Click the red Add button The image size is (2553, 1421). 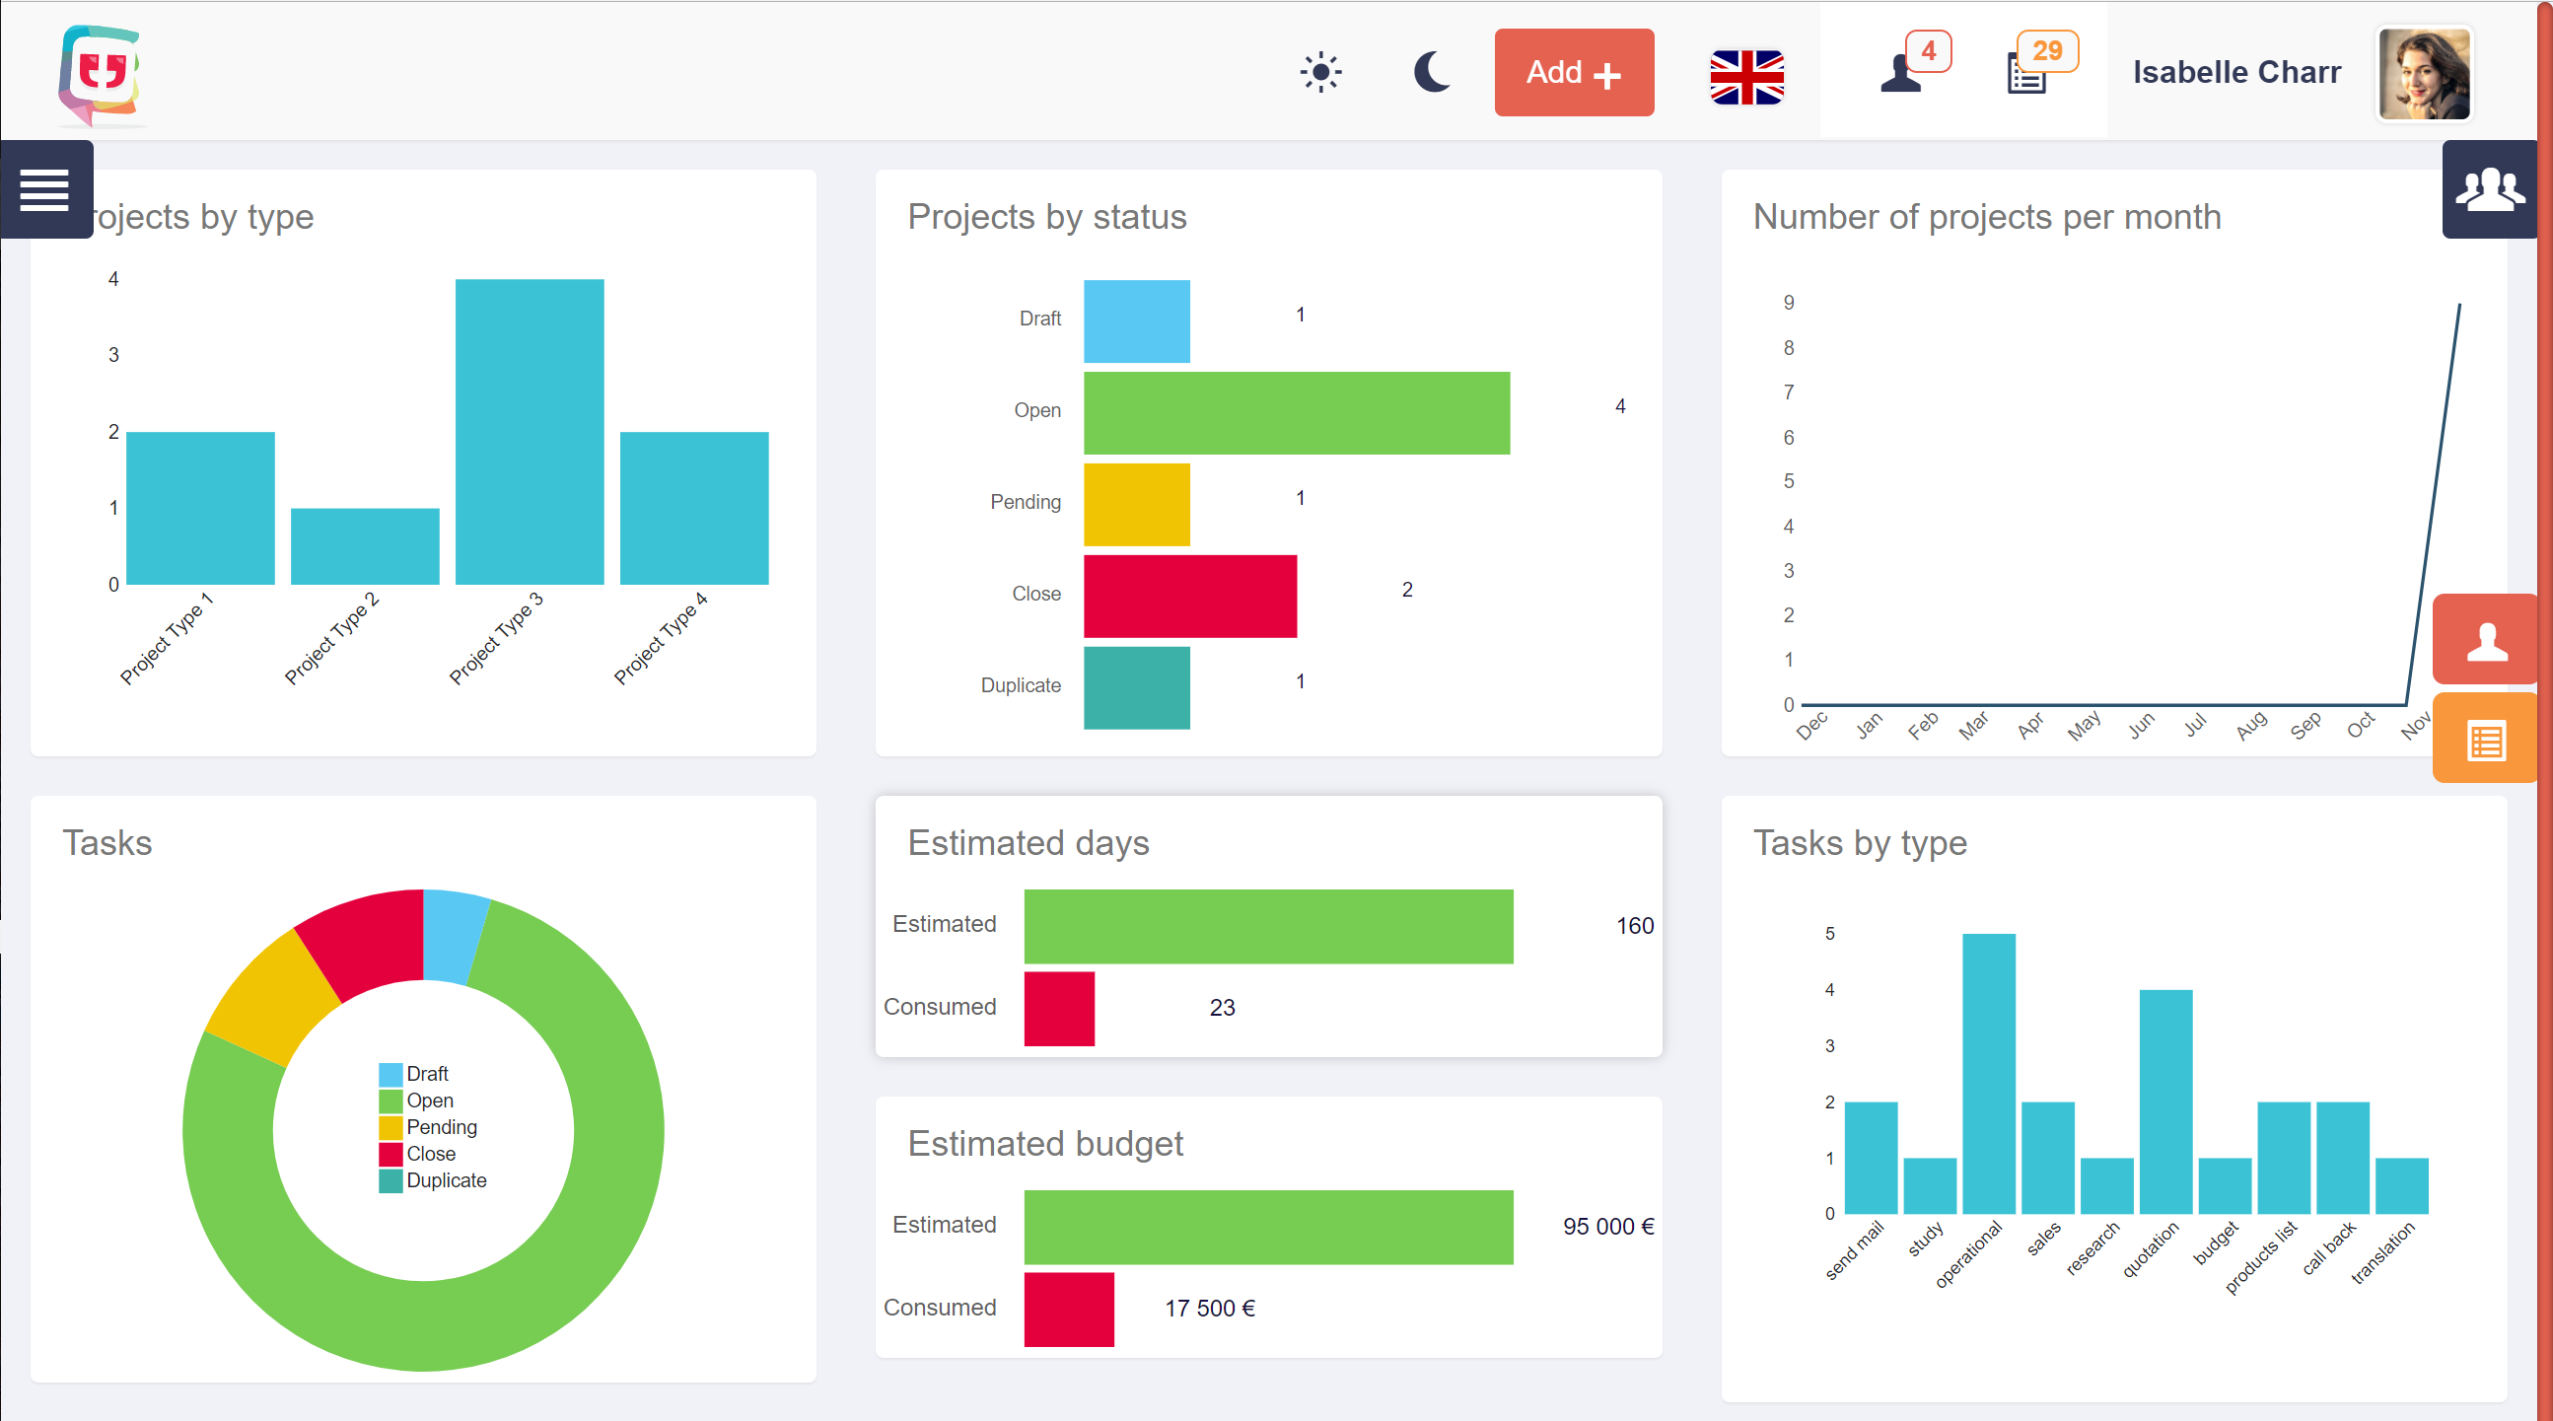1573,72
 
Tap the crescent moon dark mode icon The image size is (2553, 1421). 1431,72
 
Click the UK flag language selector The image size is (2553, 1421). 1746,76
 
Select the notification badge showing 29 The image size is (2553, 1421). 2046,50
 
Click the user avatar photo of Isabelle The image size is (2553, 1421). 2423,74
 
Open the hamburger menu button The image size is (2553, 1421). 44,189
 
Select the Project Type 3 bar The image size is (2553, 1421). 530,432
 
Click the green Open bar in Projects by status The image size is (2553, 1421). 1297,413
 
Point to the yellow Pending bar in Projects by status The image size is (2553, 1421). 1136,504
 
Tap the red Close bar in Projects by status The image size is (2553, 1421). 1189,596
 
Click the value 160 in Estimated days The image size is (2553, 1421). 1634,926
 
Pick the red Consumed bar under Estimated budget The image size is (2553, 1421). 1068,1309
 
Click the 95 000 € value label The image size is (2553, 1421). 1607,1226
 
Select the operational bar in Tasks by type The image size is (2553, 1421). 1988,1073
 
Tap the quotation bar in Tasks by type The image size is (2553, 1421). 2164,1101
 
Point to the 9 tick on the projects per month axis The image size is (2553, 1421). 1788,302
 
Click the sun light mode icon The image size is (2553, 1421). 1320,72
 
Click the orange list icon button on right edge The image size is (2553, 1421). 2486,741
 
